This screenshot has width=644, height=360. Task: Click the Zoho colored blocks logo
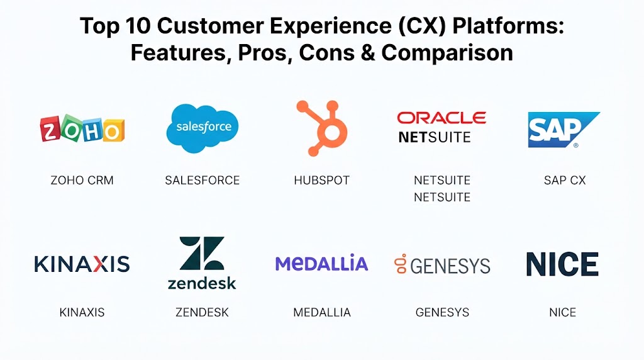[x=82, y=129]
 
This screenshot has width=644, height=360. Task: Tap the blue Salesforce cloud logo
[x=202, y=128]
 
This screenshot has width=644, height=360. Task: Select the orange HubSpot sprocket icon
[x=323, y=128]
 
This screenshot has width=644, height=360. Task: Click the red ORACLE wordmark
[x=441, y=118]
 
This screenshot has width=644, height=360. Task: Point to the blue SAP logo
[x=563, y=130]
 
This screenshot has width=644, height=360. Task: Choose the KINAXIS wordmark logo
[x=82, y=264]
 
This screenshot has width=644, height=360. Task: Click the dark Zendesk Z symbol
[x=202, y=253]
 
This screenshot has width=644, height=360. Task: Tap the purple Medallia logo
[x=321, y=263]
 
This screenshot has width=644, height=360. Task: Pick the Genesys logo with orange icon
[x=442, y=265]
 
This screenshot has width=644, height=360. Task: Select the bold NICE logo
[x=562, y=264]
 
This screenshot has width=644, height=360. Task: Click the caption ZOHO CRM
[x=82, y=181]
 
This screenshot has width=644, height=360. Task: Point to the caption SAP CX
[x=565, y=181]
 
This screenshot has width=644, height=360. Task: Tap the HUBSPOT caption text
[x=321, y=181]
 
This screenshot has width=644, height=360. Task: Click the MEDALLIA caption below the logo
[x=322, y=312]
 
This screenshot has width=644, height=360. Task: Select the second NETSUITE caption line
[x=442, y=197]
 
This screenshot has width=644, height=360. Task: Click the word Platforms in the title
[x=508, y=26]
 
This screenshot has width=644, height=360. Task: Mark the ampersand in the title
[x=368, y=53]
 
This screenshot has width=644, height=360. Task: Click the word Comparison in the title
[x=447, y=53]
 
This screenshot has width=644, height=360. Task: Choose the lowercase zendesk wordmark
[x=202, y=283]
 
